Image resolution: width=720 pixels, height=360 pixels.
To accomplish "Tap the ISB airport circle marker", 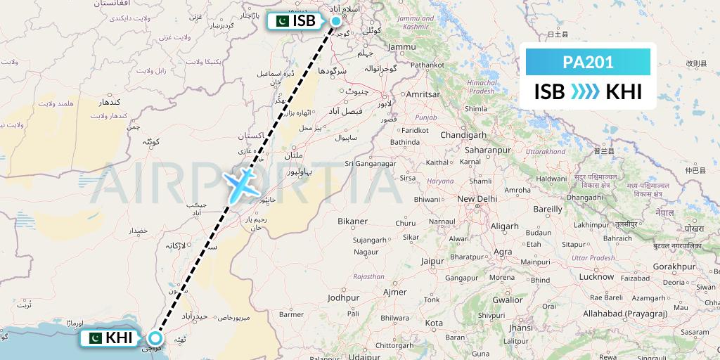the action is [x=335, y=21].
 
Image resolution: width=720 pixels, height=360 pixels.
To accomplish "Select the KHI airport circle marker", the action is [x=155, y=338].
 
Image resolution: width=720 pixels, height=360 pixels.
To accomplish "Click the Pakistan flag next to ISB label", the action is [x=279, y=21].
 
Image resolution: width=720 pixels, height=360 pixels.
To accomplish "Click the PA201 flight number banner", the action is [x=588, y=63].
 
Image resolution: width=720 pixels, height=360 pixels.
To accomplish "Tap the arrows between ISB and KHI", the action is [x=585, y=92].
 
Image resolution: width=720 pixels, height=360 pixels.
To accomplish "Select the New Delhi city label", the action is [x=477, y=199].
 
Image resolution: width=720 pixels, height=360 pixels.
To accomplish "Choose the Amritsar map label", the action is [x=423, y=94].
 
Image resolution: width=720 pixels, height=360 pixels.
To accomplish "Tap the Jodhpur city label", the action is [x=343, y=297].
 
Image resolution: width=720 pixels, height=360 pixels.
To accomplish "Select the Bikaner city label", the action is [x=352, y=221].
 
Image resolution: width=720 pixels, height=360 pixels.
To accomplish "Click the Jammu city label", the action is [x=401, y=46].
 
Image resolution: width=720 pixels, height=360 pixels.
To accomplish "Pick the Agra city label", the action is [x=503, y=251].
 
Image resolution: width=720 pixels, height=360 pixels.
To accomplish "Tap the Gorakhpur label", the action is [x=674, y=266].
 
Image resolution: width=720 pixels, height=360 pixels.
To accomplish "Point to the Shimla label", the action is [x=475, y=108].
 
